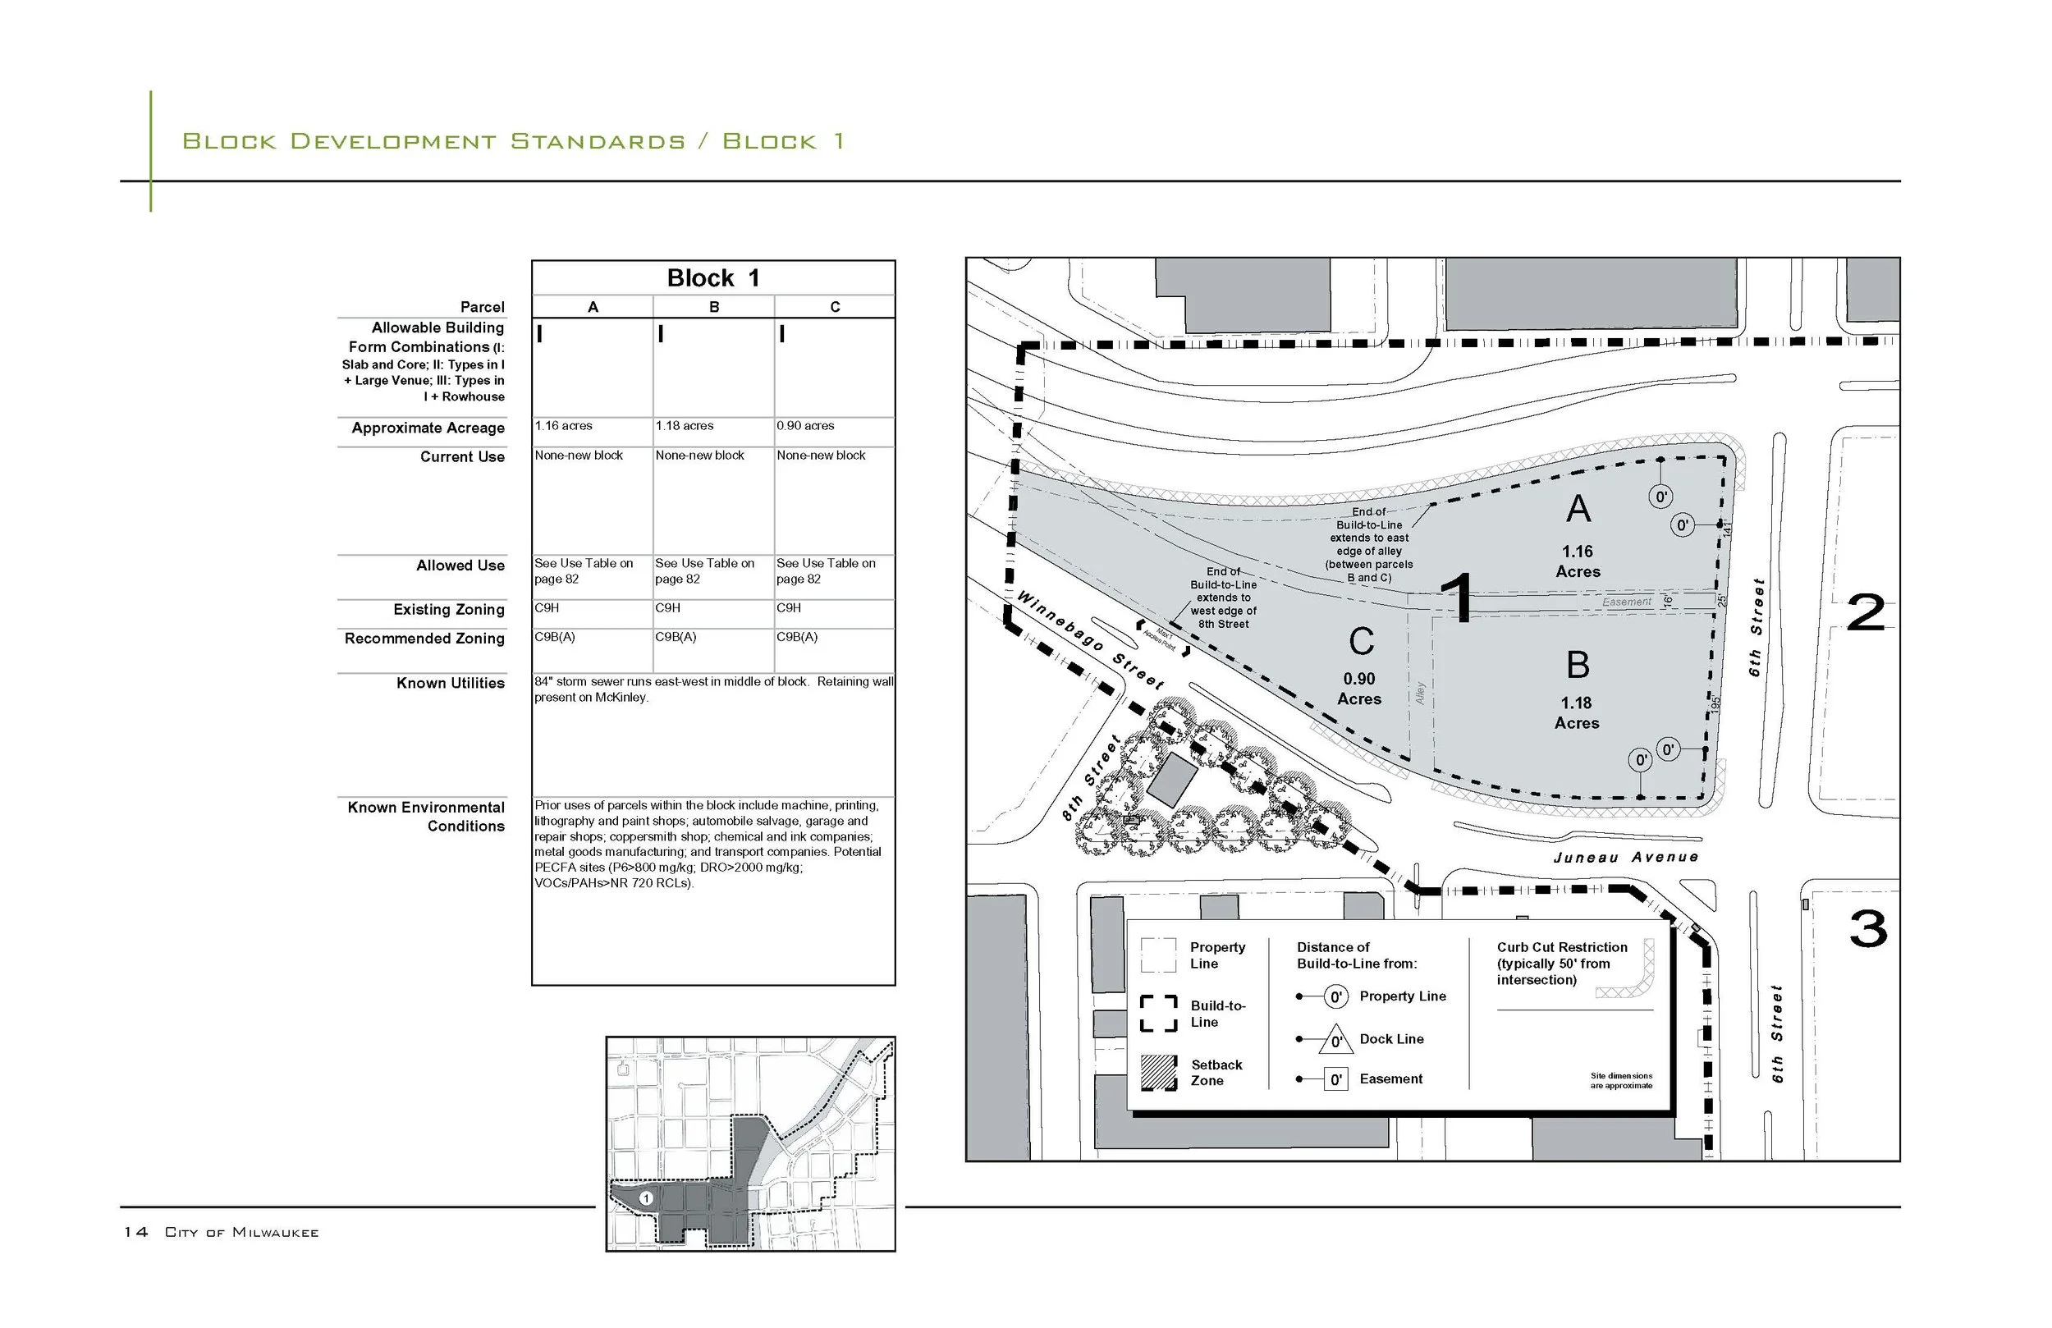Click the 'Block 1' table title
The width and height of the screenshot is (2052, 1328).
pos(713,278)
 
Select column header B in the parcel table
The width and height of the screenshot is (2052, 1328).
pos(714,307)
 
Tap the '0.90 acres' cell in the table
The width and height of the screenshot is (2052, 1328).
pos(805,426)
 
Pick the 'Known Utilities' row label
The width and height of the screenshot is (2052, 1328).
pos(450,683)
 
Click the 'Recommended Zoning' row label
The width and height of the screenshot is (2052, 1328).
pos(424,638)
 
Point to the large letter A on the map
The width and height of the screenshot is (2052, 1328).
pos(1578,509)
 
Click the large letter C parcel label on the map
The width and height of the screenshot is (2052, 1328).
pos(1361,642)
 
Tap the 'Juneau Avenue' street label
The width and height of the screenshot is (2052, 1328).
pos(1625,857)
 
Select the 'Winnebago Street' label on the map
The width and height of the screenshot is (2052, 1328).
pos(1090,639)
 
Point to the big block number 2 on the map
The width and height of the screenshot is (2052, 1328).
pos(1866,614)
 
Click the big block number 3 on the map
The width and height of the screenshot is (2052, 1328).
pos(1868,930)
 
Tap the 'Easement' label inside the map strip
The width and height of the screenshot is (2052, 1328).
pos(1627,602)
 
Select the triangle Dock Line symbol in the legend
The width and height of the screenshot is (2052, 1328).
pos(1335,1040)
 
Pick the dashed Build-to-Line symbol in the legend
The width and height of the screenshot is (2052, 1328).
pos(1159,1014)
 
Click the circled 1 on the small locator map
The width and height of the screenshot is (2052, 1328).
pos(646,1198)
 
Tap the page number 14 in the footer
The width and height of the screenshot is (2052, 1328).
pos(135,1232)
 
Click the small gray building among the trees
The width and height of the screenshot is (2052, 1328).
pos(1172,779)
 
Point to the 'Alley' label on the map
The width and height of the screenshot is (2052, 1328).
pos(1420,694)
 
